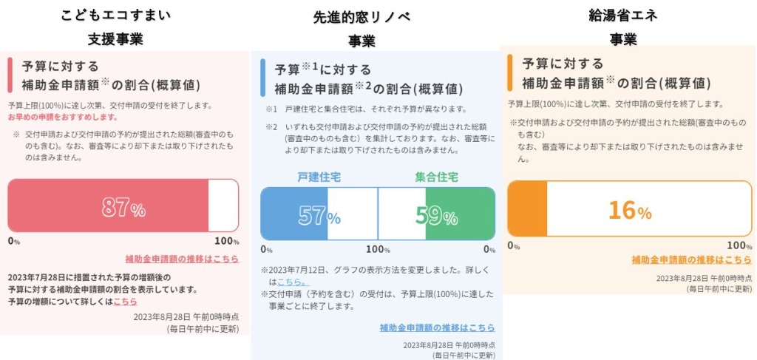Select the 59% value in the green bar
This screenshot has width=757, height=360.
click(436, 215)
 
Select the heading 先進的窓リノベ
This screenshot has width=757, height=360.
click(361, 16)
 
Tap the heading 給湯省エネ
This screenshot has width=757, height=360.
click(623, 14)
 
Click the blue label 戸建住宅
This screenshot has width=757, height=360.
click(319, 177)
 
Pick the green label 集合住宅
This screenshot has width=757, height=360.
click(436, 177)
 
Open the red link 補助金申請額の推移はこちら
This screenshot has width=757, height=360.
click(181, 259)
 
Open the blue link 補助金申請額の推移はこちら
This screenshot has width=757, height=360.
click(437, 327)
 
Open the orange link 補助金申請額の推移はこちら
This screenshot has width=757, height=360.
click(691, 259)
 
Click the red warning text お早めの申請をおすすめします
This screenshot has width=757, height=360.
click(63, 118)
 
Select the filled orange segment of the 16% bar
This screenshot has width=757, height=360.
click(527, 209)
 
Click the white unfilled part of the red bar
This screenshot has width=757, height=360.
click(223, 206)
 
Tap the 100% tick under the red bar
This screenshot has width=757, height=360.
click(226, 242)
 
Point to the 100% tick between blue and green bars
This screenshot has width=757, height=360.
click(378, 250)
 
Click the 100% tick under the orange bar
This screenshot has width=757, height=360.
click(739, 246)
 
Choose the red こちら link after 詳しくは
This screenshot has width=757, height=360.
click(125, 302)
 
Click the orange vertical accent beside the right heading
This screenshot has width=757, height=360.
click(509, 72)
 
